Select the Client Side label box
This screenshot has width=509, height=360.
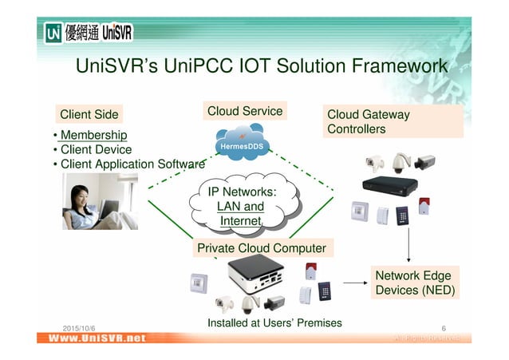(89, 114)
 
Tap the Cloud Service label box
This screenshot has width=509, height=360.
(244, 111)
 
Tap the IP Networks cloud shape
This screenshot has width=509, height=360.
(242, 206)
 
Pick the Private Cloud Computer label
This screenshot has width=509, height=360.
(261, 248)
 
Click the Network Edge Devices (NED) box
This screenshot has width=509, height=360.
(412, 283)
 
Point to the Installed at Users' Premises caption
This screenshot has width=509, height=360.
(274, 322)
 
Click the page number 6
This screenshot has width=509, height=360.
(443, 328)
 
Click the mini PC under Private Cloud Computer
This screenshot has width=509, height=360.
(254, 276)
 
